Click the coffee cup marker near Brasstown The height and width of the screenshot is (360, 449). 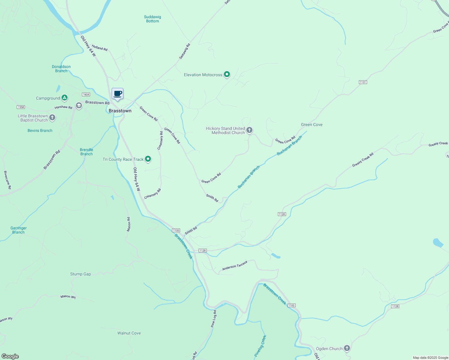click(x=118, y=94)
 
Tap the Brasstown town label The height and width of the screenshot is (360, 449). click(x=120, y=111)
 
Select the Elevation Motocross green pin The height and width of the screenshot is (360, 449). click(x=227, y=74)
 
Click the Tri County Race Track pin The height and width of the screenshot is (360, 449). click(x=148, y=159)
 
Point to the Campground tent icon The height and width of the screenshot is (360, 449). click(x=64, y=98)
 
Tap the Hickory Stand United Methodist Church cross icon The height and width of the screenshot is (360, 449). click(x=249, y=130)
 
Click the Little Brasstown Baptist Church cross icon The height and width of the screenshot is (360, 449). click(x=52, y=118)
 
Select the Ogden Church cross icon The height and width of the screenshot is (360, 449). click(x=347, y=348)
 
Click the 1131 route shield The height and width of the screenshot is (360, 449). click(x=363, y=82)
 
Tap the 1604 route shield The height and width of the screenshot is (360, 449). click(x=86, y=94)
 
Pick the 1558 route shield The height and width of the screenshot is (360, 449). click(x=21, y=107)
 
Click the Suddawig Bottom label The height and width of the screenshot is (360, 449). click(x=152, y=19)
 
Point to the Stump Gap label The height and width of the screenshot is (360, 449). click(x=80, y=274)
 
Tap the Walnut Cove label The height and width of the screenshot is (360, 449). click(x=129, y=333)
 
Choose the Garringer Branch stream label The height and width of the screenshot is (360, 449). click(x=19, y=230)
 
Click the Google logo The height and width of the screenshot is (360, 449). click(x=10, y=356)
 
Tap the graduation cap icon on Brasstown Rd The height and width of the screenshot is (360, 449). click(x=79, y=106)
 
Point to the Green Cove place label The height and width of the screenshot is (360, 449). click(x=312, y=124)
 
